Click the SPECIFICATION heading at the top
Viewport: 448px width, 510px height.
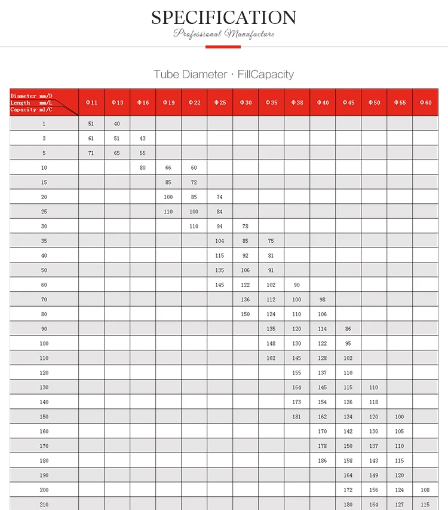coord(223,17)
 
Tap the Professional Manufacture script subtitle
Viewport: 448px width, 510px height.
coord(223,33)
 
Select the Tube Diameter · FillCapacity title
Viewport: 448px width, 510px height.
coord(223,75)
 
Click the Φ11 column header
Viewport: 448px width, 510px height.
coord(91,103)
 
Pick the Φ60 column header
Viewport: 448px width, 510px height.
coord(425,103)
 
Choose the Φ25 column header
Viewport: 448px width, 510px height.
coord(220,103)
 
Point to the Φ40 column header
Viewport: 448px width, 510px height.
coord(323,103)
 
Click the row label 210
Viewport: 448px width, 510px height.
coord(44,505)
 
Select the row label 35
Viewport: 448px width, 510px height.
coord(44,241)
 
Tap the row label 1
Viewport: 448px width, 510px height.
coord(44,124)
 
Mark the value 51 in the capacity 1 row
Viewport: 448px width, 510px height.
coord(91,124)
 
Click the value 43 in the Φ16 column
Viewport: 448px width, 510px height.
coord(143,138)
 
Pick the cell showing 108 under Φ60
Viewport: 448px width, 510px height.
coord(425,490)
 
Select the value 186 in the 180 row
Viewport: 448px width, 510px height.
coord(323,460)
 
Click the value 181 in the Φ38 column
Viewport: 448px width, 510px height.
coord(297,417)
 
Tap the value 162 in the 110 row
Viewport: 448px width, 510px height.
coord(271,358)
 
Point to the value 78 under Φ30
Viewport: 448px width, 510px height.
coord(246,226)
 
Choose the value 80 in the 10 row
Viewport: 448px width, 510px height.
coord(143,167)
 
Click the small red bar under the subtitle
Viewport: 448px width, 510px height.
coord(223,46)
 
